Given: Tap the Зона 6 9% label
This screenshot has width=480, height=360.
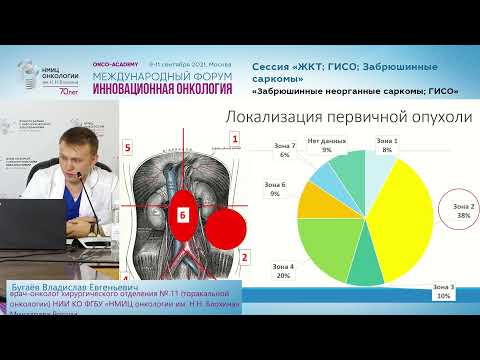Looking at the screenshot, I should click(x=275, y=188).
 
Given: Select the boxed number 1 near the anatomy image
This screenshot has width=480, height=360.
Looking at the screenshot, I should click(x=235, y=140).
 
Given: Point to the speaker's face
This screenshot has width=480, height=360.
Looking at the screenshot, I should click(x=79, y=150).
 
